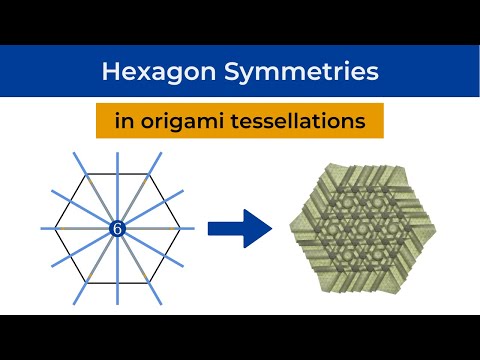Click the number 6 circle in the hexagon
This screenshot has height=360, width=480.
[118, 230]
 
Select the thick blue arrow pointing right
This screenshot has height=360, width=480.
[240, 229]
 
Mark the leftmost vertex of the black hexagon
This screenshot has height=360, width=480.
[55, 230]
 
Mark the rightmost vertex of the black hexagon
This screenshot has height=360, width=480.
[182, 230]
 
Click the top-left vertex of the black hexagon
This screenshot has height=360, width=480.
[87, 176]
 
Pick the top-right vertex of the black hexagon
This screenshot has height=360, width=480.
[150, 176]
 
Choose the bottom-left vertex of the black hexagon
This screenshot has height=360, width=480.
[87, 284]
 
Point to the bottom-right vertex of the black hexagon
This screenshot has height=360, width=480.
[150, 284]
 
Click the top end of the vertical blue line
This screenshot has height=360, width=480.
[118, 153]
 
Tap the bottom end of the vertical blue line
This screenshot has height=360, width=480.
[118, 307]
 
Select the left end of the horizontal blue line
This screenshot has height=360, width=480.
[41, 230]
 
